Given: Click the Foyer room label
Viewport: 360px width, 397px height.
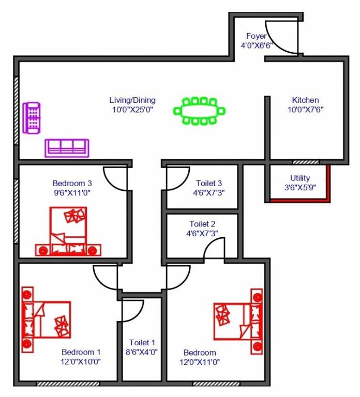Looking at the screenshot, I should (x=256, y=36).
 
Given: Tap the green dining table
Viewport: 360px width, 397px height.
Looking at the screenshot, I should (x=200, y=111).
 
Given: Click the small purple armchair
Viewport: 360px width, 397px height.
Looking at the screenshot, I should (x=32, y=118).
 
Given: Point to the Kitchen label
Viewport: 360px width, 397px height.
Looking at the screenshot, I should (x=305, y=100).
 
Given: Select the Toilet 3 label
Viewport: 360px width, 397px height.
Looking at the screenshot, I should (x=209, y=183).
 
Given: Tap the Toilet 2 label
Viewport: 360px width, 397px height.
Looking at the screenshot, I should (x=202, y=224).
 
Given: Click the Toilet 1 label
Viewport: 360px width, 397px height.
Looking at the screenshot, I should (x=142, y=342).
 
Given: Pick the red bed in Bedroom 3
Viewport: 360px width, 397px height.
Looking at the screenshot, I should (x=69, y=232).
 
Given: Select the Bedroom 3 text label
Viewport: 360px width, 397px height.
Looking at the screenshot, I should (x=72, y=183).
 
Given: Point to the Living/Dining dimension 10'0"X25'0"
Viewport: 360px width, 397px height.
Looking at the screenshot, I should (x=132, y=110).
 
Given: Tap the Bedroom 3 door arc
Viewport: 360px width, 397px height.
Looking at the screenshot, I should (x=115, y=179).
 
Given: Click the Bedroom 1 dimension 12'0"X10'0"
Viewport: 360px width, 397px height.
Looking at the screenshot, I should (x=80, y=361).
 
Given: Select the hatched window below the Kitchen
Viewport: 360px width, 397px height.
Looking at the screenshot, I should (x=306, y=162).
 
